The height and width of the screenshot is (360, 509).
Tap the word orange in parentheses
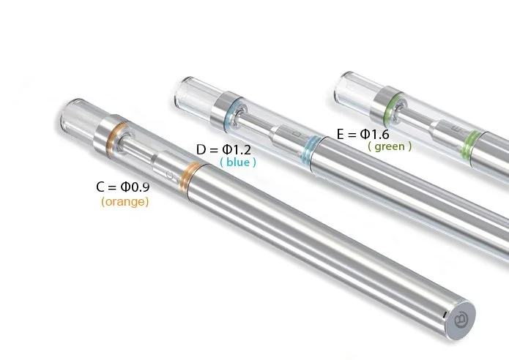click(x=125, y=202)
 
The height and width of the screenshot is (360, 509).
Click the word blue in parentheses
click(x=238, y=162)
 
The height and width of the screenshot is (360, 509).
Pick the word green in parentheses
click(x=390, y=146)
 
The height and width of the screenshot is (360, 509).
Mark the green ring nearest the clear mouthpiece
click(x=387, y=102)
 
